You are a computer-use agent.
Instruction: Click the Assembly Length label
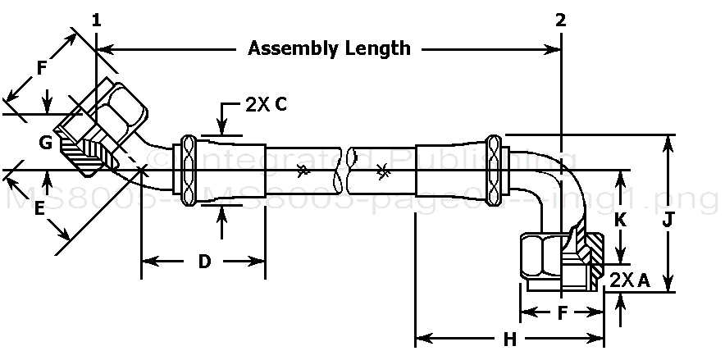(x=329, y=48)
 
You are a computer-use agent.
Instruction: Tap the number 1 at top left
(x=97, y=20)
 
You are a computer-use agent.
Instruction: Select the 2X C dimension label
(x=266, y=104)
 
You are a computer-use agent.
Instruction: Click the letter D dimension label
(x=205, y=262)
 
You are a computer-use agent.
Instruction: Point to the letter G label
(x=46, y=144)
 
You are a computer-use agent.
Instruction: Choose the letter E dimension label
(x=38, y=209)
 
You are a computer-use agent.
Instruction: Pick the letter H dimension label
(x=509, y=339)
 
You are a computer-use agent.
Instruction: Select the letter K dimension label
(x=621, y=220)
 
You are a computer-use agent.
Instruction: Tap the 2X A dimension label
(x=630, y=280)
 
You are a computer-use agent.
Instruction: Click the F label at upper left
(x=43, y=69)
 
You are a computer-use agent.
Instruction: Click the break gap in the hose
(x=344, y=166)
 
